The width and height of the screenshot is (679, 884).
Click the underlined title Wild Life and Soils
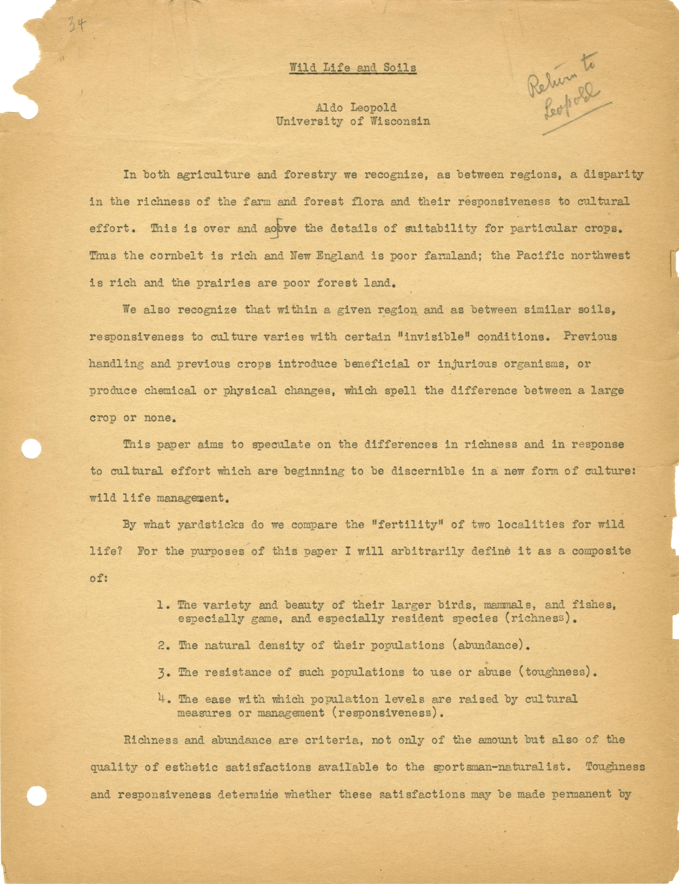coord(352,67)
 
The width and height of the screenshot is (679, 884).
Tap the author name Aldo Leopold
coord(352,108)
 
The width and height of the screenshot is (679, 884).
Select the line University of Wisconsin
coord(352,121)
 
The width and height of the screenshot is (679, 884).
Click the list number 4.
coord(163,698)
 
